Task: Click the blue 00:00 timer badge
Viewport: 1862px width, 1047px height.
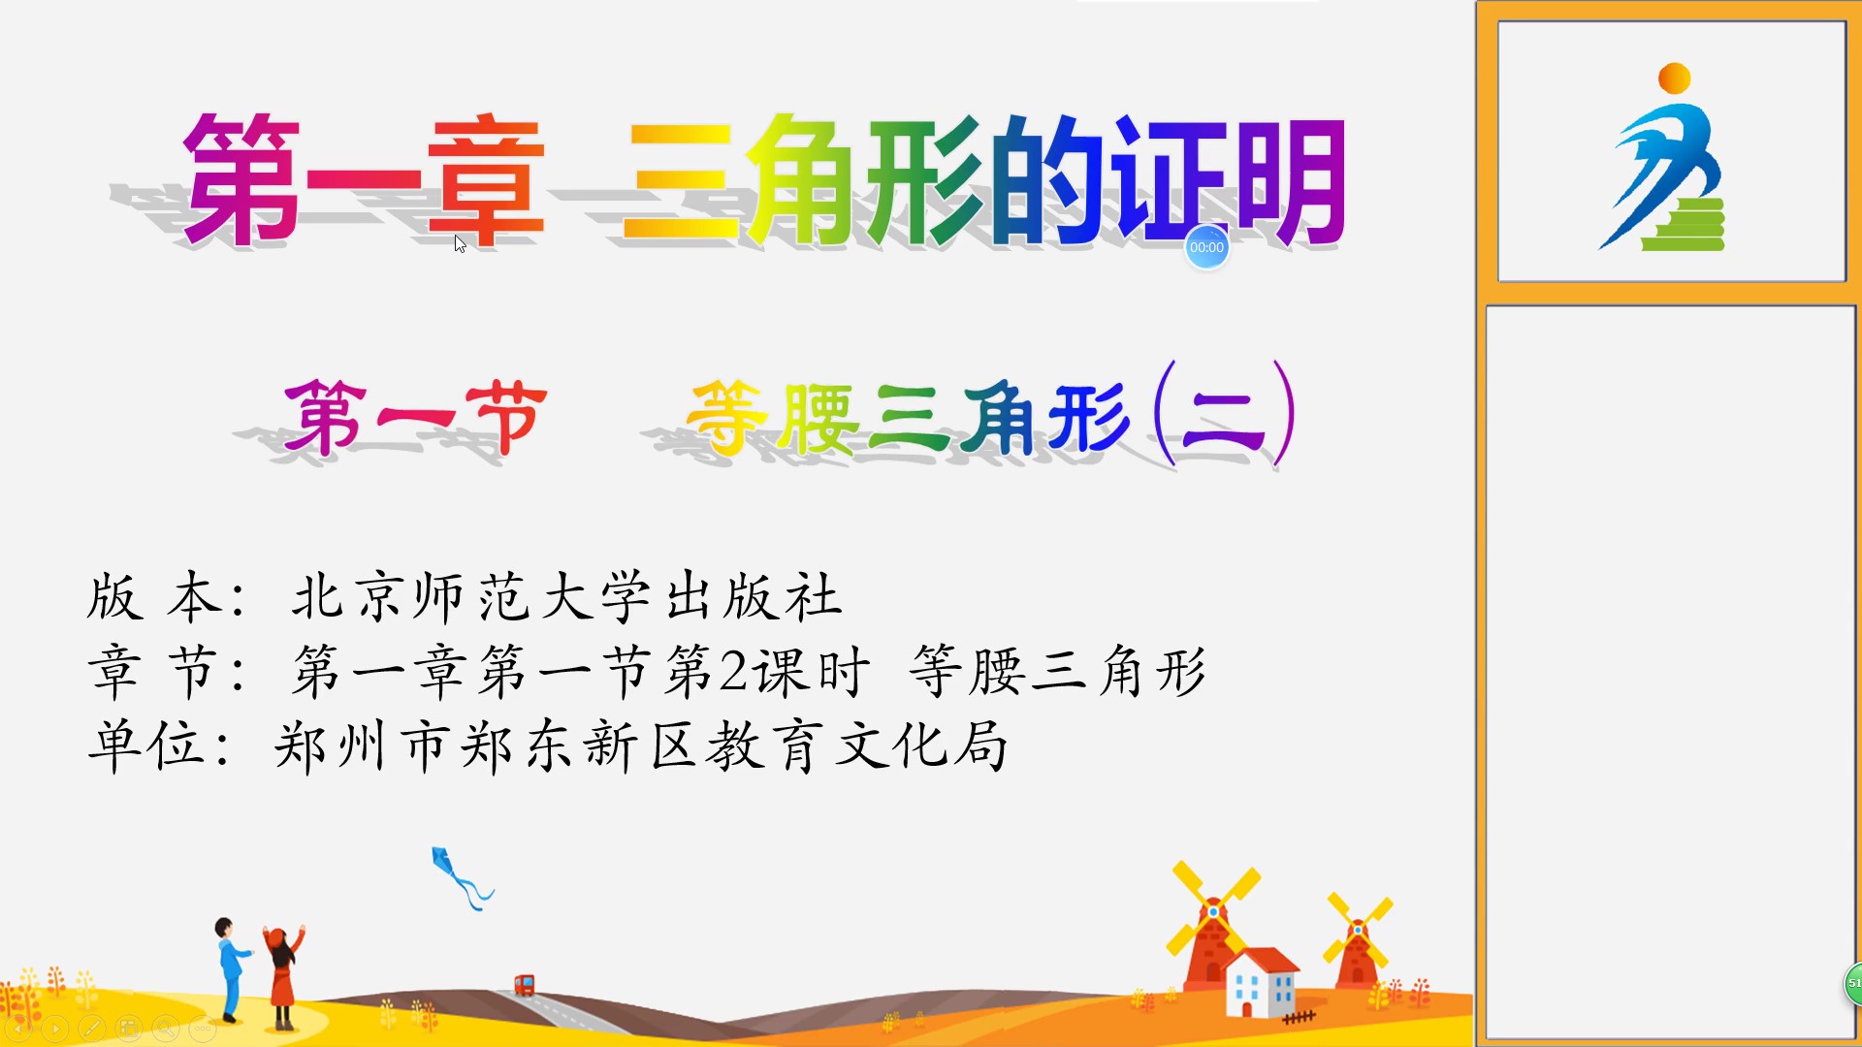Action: (1206, 247)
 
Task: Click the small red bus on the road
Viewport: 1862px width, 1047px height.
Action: (524, 985)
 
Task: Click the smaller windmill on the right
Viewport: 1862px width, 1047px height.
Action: (1358, 940)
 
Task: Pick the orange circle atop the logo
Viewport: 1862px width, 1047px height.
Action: (1675, 79)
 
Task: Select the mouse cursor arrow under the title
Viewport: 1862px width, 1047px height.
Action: (460, 244)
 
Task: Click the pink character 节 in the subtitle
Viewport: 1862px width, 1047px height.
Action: (506, 417)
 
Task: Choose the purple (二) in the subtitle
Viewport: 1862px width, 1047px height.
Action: (1225, 414)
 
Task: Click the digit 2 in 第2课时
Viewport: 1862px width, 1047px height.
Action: (734, 671)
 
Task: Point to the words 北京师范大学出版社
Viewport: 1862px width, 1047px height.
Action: (567, 596)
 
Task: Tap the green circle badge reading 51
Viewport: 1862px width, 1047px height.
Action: (1853, 983)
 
